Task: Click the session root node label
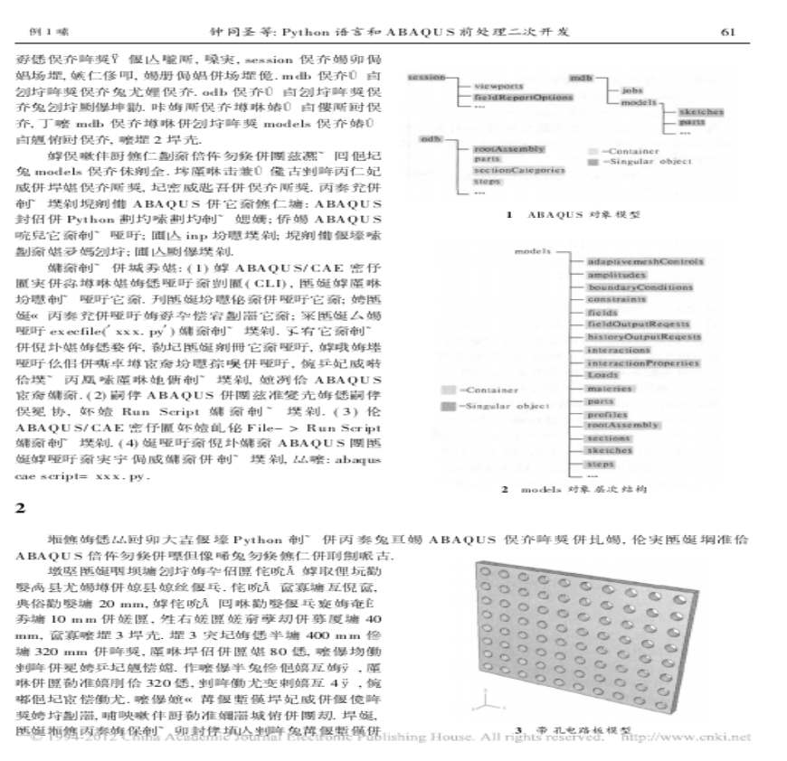[x=426, y=77]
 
